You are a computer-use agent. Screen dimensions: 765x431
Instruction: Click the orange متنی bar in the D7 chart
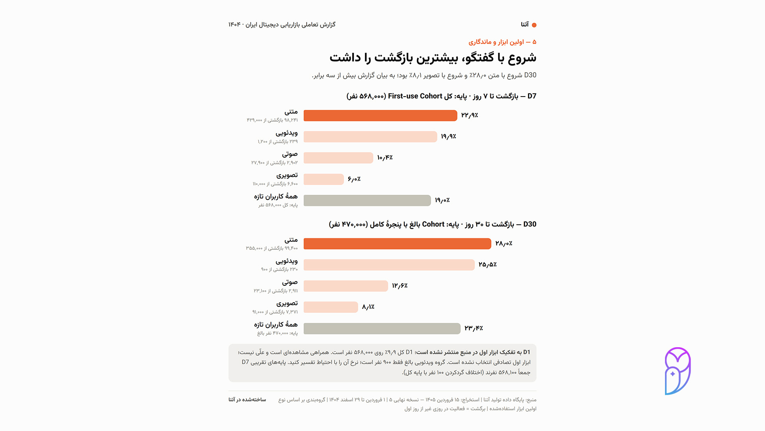380,115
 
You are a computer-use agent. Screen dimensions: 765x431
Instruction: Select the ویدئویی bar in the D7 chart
370,137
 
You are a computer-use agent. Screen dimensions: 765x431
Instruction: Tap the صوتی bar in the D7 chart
338,158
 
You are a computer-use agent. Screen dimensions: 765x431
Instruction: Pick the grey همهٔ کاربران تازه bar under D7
367,200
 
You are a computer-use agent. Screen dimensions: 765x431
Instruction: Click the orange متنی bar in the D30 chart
397,244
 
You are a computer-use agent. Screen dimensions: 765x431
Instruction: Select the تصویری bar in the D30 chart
331,307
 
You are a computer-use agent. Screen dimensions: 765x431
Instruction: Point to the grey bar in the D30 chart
382,328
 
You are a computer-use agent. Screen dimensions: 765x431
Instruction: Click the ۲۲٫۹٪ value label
469,115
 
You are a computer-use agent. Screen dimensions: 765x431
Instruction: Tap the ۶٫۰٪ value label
354,179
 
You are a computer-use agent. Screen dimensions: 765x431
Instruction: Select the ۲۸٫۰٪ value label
504,243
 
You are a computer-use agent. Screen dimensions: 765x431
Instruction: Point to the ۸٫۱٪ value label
368,307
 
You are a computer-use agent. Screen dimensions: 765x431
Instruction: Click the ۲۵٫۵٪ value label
487,265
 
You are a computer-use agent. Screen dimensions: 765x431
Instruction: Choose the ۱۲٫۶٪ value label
400,286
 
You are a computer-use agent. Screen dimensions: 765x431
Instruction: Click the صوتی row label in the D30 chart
290,283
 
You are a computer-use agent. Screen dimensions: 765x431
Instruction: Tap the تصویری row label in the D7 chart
287,176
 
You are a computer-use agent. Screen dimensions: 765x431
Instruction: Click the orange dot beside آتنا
534,25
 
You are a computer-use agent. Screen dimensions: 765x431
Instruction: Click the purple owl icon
677,371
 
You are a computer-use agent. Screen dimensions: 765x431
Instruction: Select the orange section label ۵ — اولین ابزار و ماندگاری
502,42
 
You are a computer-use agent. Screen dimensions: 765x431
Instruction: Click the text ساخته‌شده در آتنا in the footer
247,399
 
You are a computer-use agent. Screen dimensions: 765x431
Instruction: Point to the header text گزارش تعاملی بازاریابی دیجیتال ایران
290,25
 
